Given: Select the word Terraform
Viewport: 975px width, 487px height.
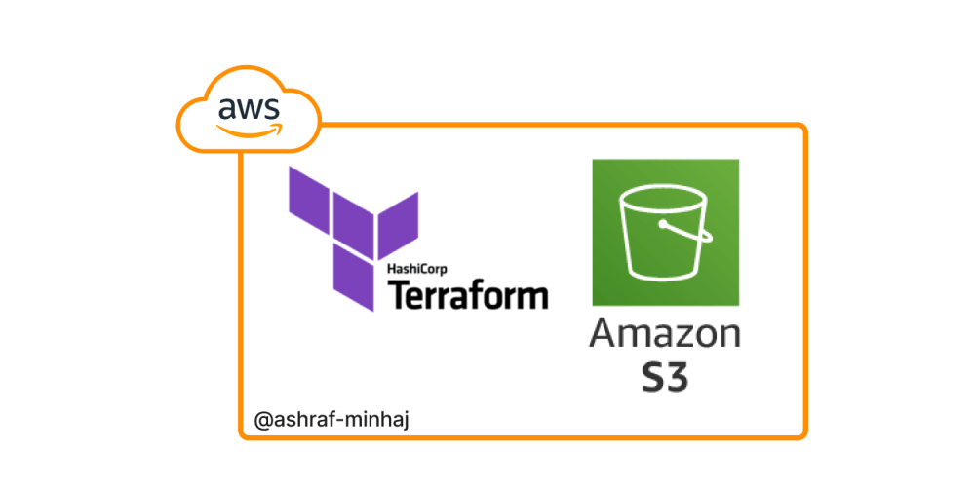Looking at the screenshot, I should click(468, 294).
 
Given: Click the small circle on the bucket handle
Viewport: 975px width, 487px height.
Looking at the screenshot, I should click(662, 225).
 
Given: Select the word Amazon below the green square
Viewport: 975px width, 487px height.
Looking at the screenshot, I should click(665, 333).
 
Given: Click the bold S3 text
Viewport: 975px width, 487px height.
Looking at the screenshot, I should click(665, 376).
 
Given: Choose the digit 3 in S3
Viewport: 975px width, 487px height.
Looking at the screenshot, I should click(679, 376).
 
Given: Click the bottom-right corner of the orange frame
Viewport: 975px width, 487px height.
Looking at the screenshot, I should click(804, 436).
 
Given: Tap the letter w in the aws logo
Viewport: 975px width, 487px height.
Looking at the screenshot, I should click(248, 108).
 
